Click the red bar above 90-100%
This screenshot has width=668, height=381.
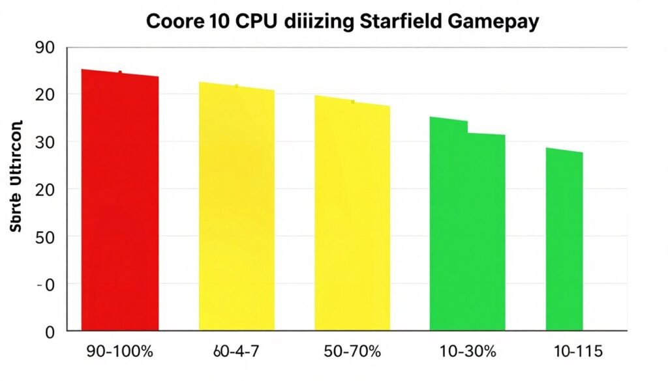119,202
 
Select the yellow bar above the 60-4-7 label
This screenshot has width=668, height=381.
236,208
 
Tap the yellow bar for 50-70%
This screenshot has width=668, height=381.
352,215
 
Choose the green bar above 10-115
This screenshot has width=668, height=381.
564,241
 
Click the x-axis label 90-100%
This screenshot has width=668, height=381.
120,352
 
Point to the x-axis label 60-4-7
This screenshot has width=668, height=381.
236,352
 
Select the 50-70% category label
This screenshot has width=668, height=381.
353,352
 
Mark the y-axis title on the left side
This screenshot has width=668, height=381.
16,177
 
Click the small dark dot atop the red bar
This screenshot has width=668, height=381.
120,72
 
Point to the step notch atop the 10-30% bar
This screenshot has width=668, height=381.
468,127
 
